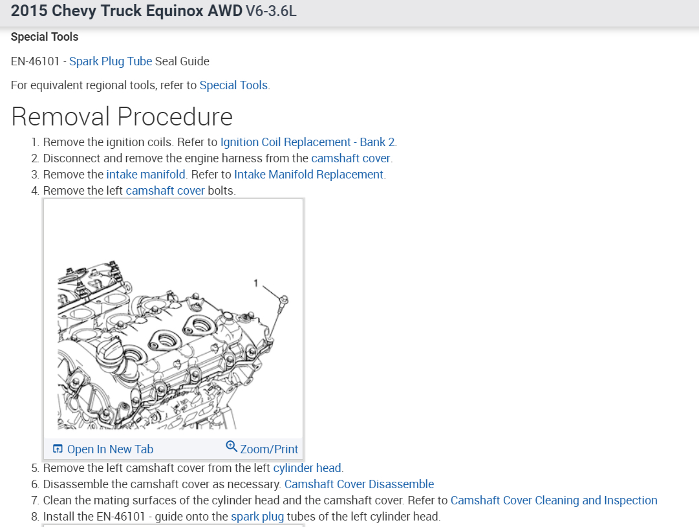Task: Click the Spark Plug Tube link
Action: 111,61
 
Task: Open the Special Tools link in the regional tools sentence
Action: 233,85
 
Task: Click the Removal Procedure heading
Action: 122,116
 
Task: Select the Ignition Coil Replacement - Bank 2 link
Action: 308,142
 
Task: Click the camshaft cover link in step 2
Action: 351,158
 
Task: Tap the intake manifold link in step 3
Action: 146,174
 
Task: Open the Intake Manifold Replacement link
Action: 309,174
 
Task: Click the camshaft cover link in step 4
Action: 166,190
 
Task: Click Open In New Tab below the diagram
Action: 103,449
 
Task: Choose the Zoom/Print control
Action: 269,449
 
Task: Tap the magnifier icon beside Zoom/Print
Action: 231,447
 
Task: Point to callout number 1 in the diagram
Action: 256,283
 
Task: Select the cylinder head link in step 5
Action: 308,468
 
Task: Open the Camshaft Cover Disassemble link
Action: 359,484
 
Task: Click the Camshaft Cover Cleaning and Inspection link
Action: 554,500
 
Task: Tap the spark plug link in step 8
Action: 257,516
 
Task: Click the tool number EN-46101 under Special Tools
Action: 36,61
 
